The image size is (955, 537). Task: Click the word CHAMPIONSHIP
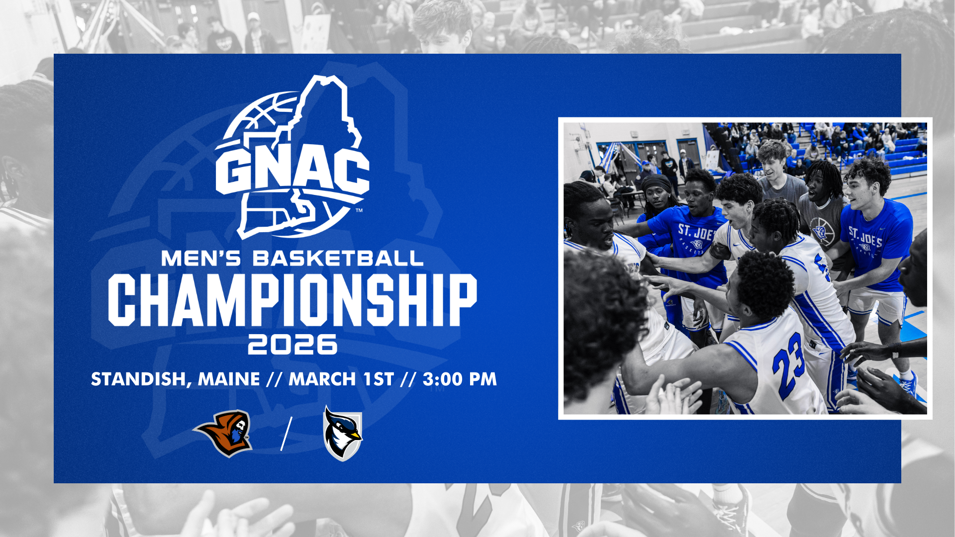292,300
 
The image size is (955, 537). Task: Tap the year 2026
292,344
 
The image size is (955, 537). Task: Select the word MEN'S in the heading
201,259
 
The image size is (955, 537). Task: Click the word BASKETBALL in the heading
338,259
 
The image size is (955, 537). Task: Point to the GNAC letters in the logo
292,172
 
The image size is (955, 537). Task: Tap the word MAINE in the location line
229,379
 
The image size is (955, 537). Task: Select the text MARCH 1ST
341,379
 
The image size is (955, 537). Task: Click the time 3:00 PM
460,379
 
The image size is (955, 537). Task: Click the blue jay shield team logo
343,433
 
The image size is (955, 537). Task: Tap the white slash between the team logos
286,433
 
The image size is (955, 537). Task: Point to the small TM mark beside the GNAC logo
359,211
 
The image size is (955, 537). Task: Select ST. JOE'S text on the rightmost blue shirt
865,238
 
